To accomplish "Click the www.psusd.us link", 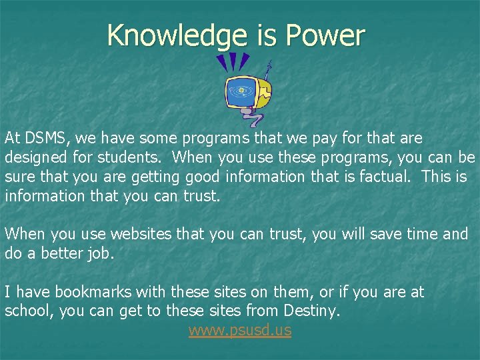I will coord(239,330).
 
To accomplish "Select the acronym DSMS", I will coord(47,138).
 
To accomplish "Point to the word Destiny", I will coord(312,311).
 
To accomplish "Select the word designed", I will coord(33,157).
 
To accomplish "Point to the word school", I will coord(27,311).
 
